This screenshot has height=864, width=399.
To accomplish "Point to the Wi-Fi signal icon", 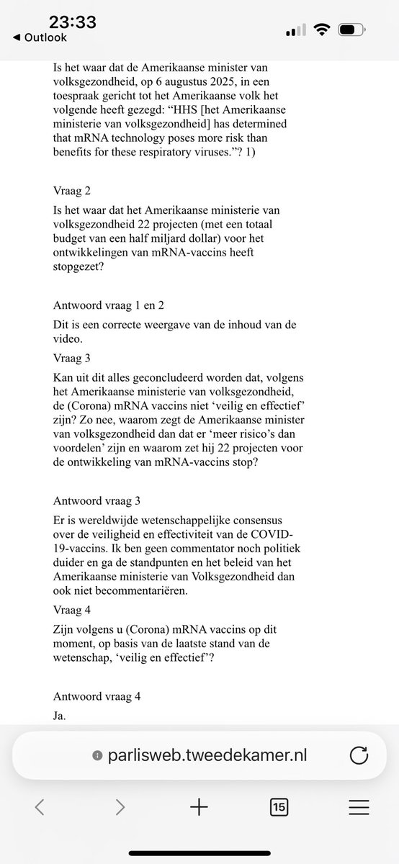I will (x=321, y=31).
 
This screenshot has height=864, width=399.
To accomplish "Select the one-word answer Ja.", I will (x=60, y=716).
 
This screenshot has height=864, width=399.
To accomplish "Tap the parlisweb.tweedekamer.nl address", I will (x=205, y=755).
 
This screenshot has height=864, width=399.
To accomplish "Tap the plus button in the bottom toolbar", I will (x=199, y=808).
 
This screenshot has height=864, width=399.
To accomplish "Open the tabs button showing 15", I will (x=279, y=808).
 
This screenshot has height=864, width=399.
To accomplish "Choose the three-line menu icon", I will (x=358, y=808).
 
